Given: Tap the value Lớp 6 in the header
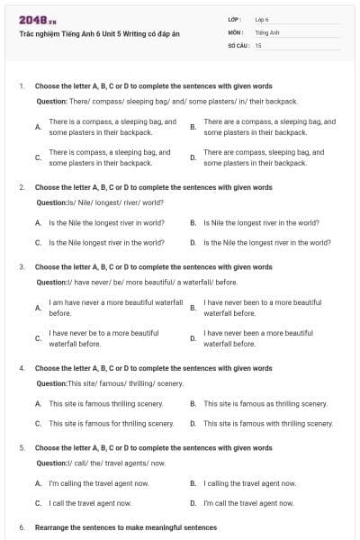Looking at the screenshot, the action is tap(262, 19).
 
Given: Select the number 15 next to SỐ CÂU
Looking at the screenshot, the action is tap(258, 45).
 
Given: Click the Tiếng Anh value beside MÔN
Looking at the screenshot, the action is tap(267, 32).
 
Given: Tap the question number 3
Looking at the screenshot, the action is tap(22, 267).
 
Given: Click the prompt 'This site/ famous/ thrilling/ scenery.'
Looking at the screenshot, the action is tap(107, 384).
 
